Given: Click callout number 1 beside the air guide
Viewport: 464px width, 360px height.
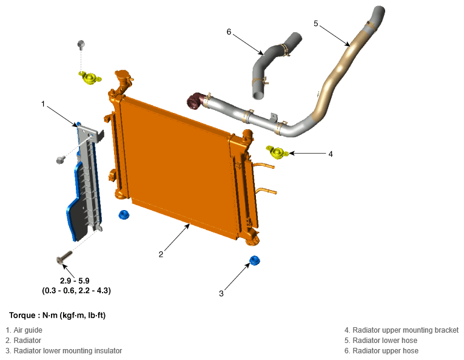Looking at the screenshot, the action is [x=43, y=104].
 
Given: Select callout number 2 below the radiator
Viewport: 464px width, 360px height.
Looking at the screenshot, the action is [x=161, y=254].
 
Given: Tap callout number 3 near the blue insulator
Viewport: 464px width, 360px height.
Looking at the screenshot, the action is [x=221, y=293].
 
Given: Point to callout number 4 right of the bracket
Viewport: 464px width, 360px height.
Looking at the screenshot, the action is [x=331, y=154].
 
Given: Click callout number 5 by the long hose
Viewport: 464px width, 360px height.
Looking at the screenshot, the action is [x=316, y=24].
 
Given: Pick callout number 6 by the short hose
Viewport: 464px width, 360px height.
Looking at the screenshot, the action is [x=229, y=32].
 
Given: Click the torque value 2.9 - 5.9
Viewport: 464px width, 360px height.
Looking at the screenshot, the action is [x=75, y=280].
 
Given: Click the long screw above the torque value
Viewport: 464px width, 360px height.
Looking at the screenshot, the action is [x=64, y=257].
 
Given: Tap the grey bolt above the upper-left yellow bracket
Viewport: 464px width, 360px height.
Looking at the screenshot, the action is [x=81, y=44].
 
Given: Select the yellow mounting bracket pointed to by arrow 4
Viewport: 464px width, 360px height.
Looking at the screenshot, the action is [x=277, y=152].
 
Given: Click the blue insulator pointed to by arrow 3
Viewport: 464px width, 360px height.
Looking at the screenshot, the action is [x=255, y=260].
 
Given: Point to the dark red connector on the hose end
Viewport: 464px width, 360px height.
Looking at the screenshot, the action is [x=195, y=101].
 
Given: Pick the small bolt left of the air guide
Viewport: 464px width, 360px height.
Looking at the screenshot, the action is [x=61, y=160].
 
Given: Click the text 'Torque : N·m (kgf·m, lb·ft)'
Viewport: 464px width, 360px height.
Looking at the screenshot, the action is [x=58, y=315].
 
